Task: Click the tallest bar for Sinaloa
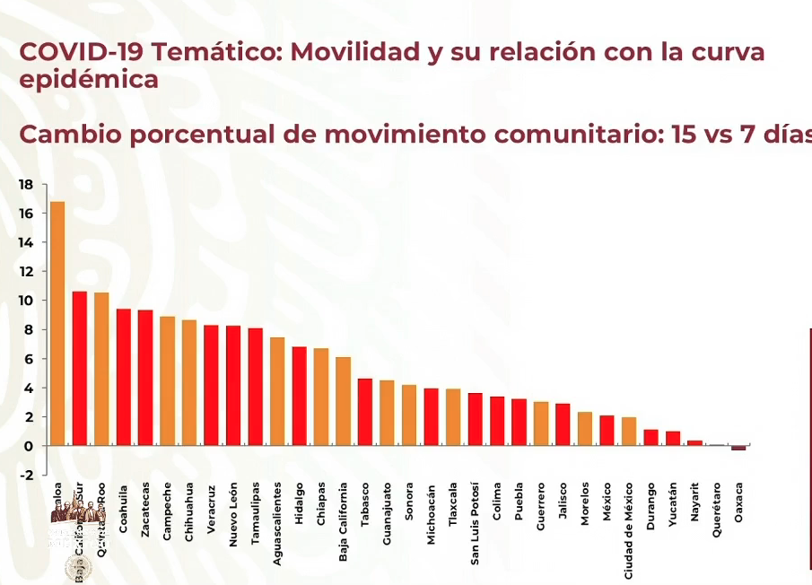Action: point(57,323)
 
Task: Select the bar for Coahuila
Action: point(124,377)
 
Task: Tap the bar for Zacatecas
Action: point(145,378)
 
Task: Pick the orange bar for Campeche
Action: point(168,380)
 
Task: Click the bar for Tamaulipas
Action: point(256,387)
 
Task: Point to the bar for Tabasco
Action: point(365,412)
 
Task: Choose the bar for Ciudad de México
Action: point(629,432)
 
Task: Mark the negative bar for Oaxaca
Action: point(738,448)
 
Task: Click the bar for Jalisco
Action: point(563,424)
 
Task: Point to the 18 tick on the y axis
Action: point(26,185)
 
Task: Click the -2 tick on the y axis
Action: point(26,475)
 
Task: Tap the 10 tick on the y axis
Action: point(26,301)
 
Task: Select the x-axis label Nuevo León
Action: point(233,509)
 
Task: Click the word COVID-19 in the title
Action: point(79,52)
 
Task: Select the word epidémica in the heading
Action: point(89,79)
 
